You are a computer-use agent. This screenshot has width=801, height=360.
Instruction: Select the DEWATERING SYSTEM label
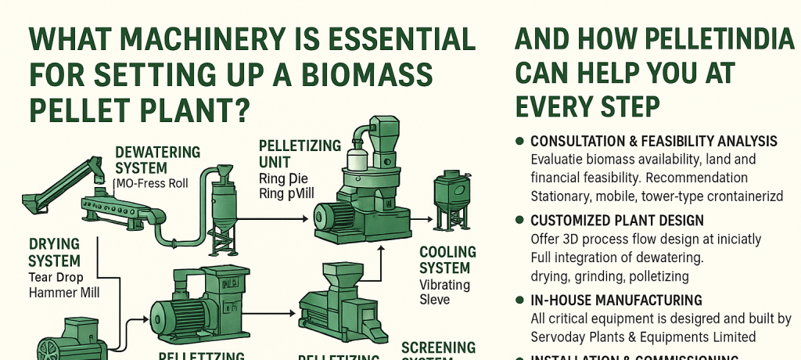157,160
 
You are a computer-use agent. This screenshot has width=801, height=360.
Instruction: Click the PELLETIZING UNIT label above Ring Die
300,153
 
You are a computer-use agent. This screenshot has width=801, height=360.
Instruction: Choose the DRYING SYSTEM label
54,252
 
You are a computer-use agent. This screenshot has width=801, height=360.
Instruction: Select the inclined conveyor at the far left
54,181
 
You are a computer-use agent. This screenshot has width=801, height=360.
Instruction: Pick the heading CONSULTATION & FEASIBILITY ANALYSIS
653,142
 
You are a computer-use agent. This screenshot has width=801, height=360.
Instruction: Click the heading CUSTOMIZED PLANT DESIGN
617,221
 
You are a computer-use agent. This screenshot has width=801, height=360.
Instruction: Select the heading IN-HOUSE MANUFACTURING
616,300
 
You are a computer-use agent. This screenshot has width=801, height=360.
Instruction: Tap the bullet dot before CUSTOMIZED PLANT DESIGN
519,221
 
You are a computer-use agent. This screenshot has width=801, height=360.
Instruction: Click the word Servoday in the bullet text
560,337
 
